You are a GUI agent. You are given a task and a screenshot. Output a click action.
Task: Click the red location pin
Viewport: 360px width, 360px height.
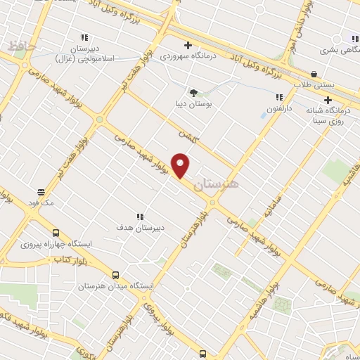(x=181, y=165)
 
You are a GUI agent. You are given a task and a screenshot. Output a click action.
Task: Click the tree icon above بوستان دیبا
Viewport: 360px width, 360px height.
(x=193, y=92)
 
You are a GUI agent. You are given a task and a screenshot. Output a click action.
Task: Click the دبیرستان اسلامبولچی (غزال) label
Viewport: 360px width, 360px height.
(x=84, y=53)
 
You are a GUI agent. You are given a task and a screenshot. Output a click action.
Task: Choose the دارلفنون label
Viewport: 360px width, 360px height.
(x=279, y=109)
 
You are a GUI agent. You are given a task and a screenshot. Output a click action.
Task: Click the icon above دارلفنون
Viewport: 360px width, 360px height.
(x=279, y=97)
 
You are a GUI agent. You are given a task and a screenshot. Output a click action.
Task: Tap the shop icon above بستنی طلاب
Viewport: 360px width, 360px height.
(x=313, y=73)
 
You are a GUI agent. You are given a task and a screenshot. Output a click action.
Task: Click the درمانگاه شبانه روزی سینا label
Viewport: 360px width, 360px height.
(x=327, y=115)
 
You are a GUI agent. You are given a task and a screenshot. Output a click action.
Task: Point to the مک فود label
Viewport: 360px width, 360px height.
(x=42, y=202)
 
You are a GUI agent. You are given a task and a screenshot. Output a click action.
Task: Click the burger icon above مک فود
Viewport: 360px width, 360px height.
(x=42, y=191)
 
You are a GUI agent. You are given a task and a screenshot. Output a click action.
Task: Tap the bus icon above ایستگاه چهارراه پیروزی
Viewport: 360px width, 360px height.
(x=56, y=233)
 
